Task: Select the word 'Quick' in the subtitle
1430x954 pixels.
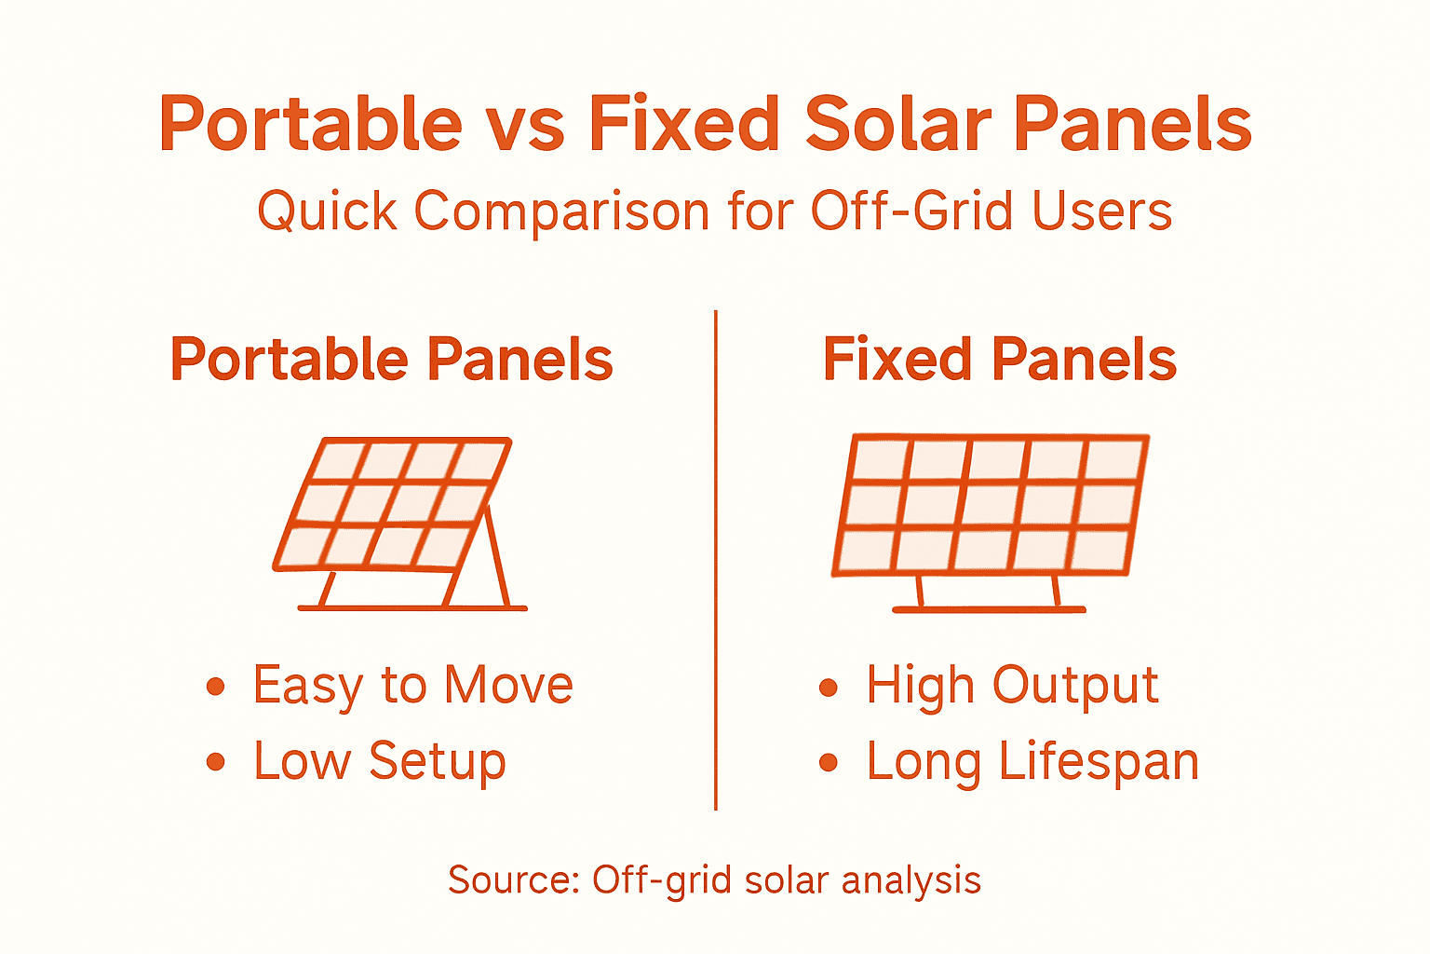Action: [327, 211]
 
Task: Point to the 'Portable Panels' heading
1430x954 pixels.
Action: [391, 361]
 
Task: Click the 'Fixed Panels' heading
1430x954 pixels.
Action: [999, 361]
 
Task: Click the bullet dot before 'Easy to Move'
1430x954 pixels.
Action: [216, 688]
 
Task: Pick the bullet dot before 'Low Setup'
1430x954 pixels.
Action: [216, 762]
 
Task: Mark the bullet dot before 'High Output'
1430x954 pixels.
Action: [829, 688]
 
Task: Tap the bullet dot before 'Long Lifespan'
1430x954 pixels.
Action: [829, 763]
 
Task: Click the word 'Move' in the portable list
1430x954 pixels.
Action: [508, 686]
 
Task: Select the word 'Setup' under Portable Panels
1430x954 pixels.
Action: [438, 762]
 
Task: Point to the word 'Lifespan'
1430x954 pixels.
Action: [1099, 762]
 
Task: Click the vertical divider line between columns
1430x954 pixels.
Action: [715, 559]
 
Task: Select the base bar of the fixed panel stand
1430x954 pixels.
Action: [989, 609]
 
